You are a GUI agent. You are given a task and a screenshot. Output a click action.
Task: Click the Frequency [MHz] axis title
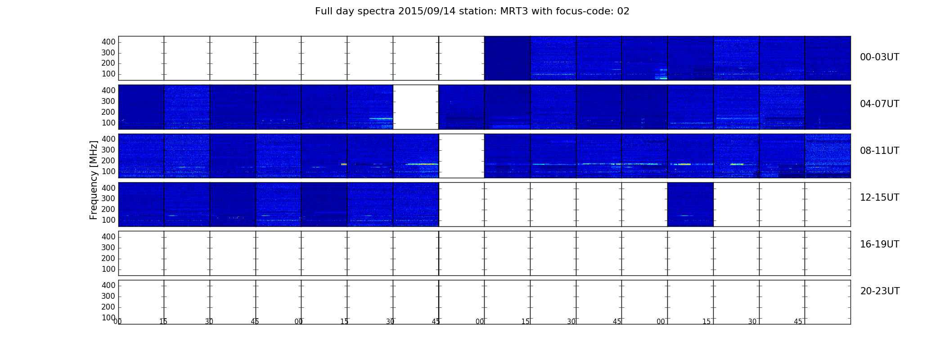[94, 180]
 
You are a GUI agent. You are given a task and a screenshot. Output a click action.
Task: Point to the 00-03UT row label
[880, 57]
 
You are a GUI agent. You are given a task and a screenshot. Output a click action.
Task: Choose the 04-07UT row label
[880, 104]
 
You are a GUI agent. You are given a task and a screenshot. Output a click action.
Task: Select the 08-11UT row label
[880, 151]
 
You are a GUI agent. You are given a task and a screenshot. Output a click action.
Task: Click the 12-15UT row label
[880, 198]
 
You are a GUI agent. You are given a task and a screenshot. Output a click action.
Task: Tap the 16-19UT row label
[880, 244]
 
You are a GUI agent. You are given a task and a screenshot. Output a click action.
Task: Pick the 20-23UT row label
[880, 291]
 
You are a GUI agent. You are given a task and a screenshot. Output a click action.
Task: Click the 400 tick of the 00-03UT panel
[108, 42]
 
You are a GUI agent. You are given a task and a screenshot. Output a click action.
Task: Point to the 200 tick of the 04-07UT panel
[108, 112]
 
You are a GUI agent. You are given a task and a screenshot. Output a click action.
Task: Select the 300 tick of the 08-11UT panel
[108, 150]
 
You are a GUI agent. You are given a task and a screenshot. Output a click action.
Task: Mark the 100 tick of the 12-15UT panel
[108, 220]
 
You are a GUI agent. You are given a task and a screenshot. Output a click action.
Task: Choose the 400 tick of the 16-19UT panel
[108, 237]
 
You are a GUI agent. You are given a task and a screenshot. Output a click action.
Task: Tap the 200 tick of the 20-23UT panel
[108, 307]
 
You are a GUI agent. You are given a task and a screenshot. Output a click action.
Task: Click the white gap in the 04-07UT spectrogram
[416, 107]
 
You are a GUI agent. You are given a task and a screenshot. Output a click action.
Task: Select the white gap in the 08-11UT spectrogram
[462, 156]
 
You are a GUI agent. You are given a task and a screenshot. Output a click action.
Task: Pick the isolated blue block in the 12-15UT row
[690, 204]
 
